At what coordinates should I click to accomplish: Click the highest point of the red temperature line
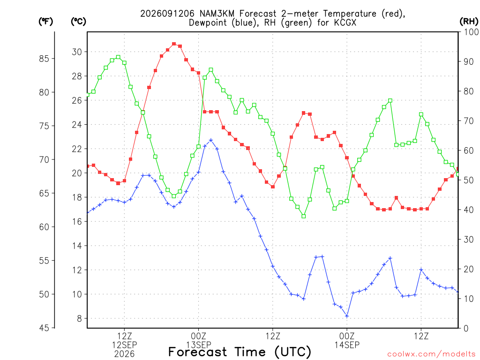coord(174,44)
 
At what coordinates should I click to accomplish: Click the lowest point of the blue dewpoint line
coord(347,316)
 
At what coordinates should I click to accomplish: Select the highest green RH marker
coord(118,57)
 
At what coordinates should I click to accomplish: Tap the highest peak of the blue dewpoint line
coord(211,140)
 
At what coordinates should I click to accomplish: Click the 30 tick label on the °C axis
coord(77,52)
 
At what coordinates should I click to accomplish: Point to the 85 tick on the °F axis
coord(44,59)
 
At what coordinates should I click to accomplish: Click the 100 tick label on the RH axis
coord(471,32)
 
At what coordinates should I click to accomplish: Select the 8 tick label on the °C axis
coord(80,319)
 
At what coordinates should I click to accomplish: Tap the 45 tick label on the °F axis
coord(44,328)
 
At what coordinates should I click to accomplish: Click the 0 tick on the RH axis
coord(466,329)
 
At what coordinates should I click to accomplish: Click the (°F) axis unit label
coord(45,22)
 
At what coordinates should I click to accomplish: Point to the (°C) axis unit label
coord(78,22)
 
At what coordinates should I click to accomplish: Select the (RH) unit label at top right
coord(469,22)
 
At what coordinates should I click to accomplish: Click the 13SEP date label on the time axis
coord(199,345)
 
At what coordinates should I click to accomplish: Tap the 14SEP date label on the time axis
coord(347,345)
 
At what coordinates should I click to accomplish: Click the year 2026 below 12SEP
coord(124,354)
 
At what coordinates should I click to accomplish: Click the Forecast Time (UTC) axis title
coord(240,352)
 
